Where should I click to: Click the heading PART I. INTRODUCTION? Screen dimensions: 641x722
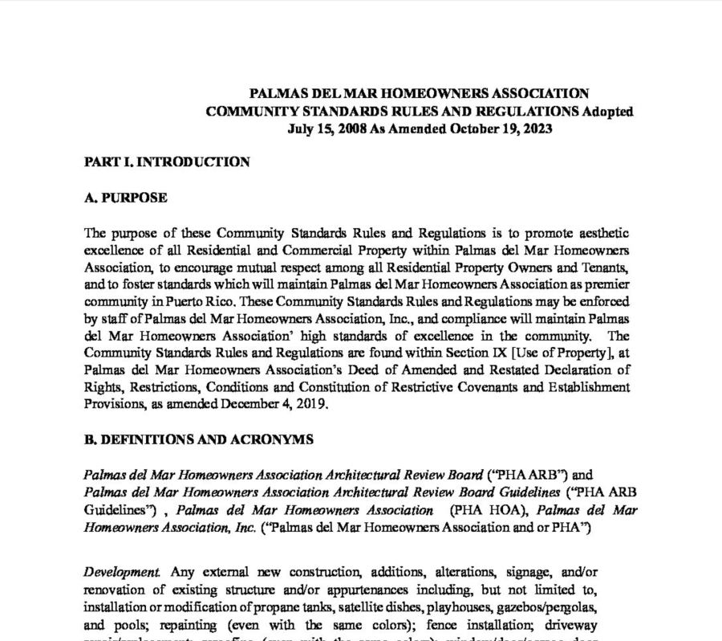pos(167,162)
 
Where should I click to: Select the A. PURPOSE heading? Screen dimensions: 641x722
pos(125,198)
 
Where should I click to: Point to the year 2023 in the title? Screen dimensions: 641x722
pos(534,129)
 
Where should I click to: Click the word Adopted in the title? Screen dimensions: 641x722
pos(608,112)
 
